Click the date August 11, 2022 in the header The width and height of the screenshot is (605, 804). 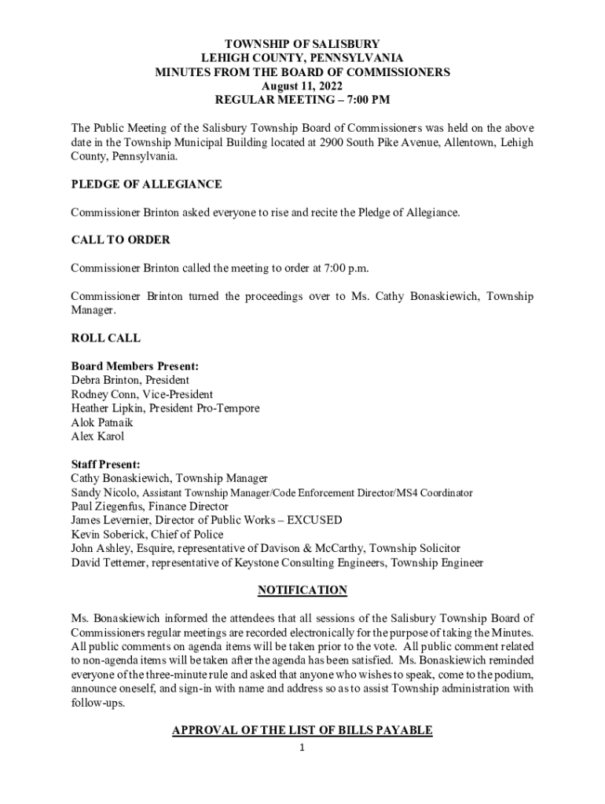click(x=302, y=86)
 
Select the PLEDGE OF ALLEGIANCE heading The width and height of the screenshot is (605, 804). click(x=146, y=185)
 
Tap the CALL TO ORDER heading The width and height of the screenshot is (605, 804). click(x=120, y=239)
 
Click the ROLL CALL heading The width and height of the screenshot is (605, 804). click(x=106, y=338)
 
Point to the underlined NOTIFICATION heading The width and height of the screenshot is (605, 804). click(x=302, y=590)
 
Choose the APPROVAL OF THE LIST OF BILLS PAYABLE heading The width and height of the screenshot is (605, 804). click(x=302, y=730)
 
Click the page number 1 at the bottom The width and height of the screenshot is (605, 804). click(x=302, y=747)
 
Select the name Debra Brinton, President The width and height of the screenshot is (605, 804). click(x=130, y=380)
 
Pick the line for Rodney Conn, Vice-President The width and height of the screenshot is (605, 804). click(x=141, y=394)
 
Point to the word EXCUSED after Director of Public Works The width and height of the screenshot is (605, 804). click(x=314, y=520)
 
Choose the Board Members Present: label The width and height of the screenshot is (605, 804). click(x=134, y=366)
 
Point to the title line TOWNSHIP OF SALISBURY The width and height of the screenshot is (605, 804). click(x=302, y=44)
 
